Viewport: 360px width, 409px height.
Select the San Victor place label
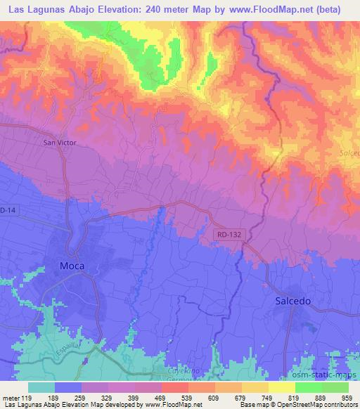(x=60, y=142)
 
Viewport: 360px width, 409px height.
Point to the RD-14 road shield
(x=7, y=209)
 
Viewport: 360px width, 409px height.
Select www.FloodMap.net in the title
(x=273, y=10)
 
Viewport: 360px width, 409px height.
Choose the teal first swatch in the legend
(x=42, y=387)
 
